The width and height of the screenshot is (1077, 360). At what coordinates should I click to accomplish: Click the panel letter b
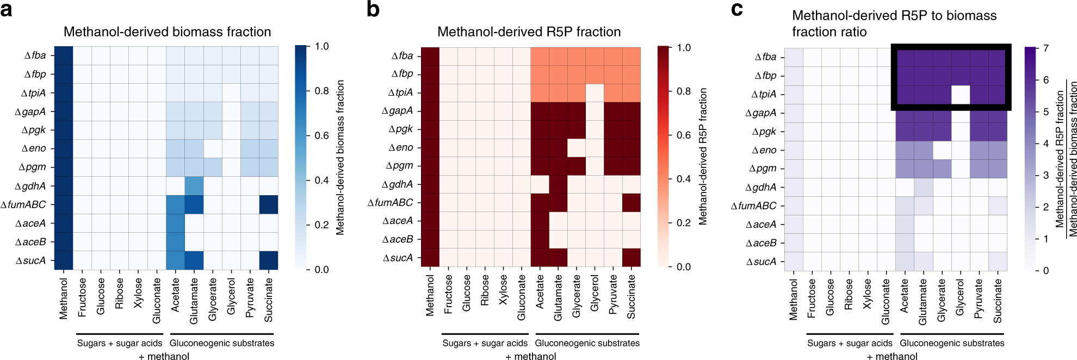[373, 10]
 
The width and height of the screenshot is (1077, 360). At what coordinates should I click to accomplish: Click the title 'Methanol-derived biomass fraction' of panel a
[167, 32]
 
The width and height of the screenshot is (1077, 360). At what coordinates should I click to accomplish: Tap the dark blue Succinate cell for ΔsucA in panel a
[269, 260]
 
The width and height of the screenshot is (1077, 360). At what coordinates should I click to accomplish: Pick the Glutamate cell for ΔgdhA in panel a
[194, 186]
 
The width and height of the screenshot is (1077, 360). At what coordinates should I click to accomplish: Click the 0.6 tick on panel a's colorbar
[321, 135]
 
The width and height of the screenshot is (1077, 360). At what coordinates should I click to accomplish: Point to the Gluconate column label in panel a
[157, 301]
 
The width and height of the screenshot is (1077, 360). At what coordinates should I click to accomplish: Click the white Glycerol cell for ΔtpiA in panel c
[961, 94]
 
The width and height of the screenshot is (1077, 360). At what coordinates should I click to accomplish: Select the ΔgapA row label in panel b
[398, 111]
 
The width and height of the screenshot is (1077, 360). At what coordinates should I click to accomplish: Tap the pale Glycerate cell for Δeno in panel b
[577, 147]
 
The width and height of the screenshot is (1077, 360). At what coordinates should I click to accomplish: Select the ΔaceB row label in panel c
[761, 243]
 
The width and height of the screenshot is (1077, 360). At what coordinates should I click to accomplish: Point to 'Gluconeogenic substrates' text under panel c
[952, 343]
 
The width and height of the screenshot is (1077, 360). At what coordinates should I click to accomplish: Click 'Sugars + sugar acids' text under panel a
[120, 343]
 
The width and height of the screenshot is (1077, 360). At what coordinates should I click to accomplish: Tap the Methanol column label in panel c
[793, 299]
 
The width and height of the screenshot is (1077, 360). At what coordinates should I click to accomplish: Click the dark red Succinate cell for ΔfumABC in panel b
[632, 202]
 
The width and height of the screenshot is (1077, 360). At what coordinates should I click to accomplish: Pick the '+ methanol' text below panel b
[530, 356]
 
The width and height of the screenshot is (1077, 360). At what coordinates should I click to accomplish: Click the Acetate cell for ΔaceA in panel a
[175, 223]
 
